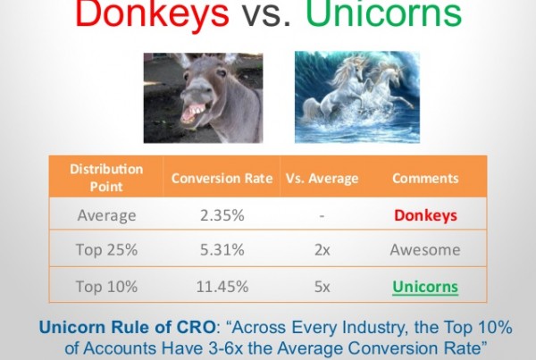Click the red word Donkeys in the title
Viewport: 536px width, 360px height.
click(x=152, y=14)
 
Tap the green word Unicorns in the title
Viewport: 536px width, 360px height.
click(x=383, y=13)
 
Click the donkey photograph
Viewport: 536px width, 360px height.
click(x=203, y=98)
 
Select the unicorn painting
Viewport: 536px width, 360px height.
click(x=357, y=97)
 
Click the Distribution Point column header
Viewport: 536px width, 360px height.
click(x=106, y=178)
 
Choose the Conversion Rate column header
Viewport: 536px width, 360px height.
click(x=222, y=179)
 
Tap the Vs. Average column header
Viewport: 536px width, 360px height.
click(x=322, y=179)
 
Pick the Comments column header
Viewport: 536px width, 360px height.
click(x=425, y=179)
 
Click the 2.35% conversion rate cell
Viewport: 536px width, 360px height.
click(x=222, y=215)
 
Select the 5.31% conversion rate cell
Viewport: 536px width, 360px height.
click(x=222, y=250)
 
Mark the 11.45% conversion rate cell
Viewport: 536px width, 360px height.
click(x=222, y=287)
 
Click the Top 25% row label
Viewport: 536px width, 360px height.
click(x=106, y=250)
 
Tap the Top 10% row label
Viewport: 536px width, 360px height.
click(x=106, y=287)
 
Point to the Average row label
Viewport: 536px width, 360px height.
click(x=106, y=216)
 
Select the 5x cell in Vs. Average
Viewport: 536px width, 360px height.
click(x=322, y=287)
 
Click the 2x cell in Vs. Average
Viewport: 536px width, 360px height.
click(x=322, y=250)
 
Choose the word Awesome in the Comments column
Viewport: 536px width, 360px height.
click(x=425, y=250)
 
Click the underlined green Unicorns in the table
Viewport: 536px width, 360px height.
click(x=425, y=287)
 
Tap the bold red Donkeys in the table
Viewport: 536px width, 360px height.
click(x=425, y=216)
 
